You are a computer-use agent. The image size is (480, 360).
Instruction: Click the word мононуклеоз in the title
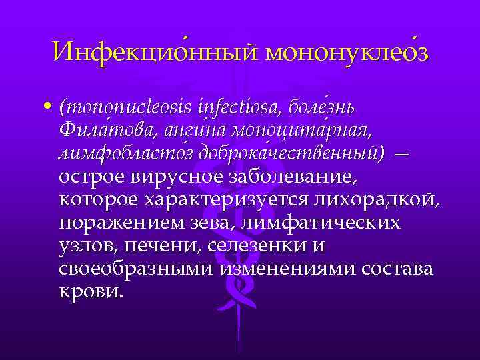[x=346, y=51]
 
